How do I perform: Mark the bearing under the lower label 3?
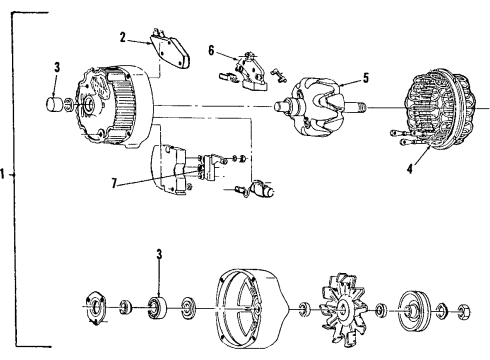click(158, 305)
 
